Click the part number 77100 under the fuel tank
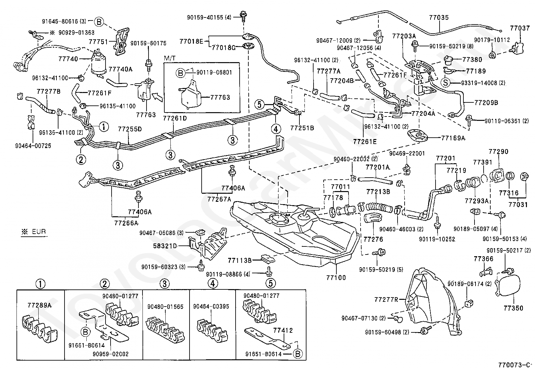coord(336,278)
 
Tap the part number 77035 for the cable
coord(439,18)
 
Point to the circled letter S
coord(445,83)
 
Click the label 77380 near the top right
coord(472,60)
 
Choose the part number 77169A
coord(453,138)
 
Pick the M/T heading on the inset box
coord(170,59)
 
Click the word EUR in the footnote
coord(38,231)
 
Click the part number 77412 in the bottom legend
coord(283,330)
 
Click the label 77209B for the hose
coord(486,102)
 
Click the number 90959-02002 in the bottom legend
coord(111,354)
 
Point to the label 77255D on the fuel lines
coord(130,129)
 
